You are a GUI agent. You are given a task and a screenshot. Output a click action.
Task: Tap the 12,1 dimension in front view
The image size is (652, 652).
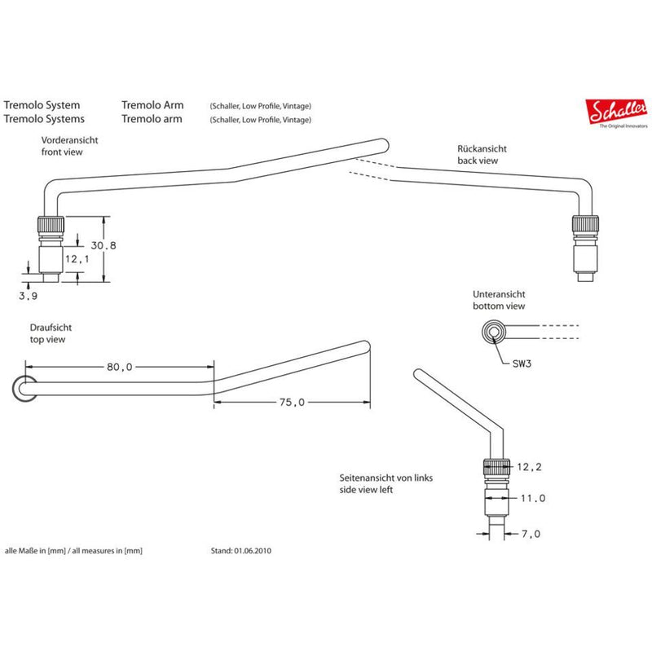coord(77,258)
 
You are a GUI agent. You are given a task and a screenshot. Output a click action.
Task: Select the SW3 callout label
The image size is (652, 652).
coord(522,364)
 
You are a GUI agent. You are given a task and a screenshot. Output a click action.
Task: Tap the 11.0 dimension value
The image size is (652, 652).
coord(532,498)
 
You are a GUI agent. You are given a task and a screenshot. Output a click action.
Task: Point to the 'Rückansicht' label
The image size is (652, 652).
coord(482,150)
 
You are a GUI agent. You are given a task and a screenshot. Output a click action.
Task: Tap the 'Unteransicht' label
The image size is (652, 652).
coord(499,294)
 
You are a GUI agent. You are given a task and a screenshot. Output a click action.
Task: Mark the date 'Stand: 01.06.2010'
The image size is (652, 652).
coord(240,551)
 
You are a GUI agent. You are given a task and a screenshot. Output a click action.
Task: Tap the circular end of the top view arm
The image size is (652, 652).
coord(24,389)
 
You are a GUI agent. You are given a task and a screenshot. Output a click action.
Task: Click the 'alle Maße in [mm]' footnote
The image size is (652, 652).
coord(74,551)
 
